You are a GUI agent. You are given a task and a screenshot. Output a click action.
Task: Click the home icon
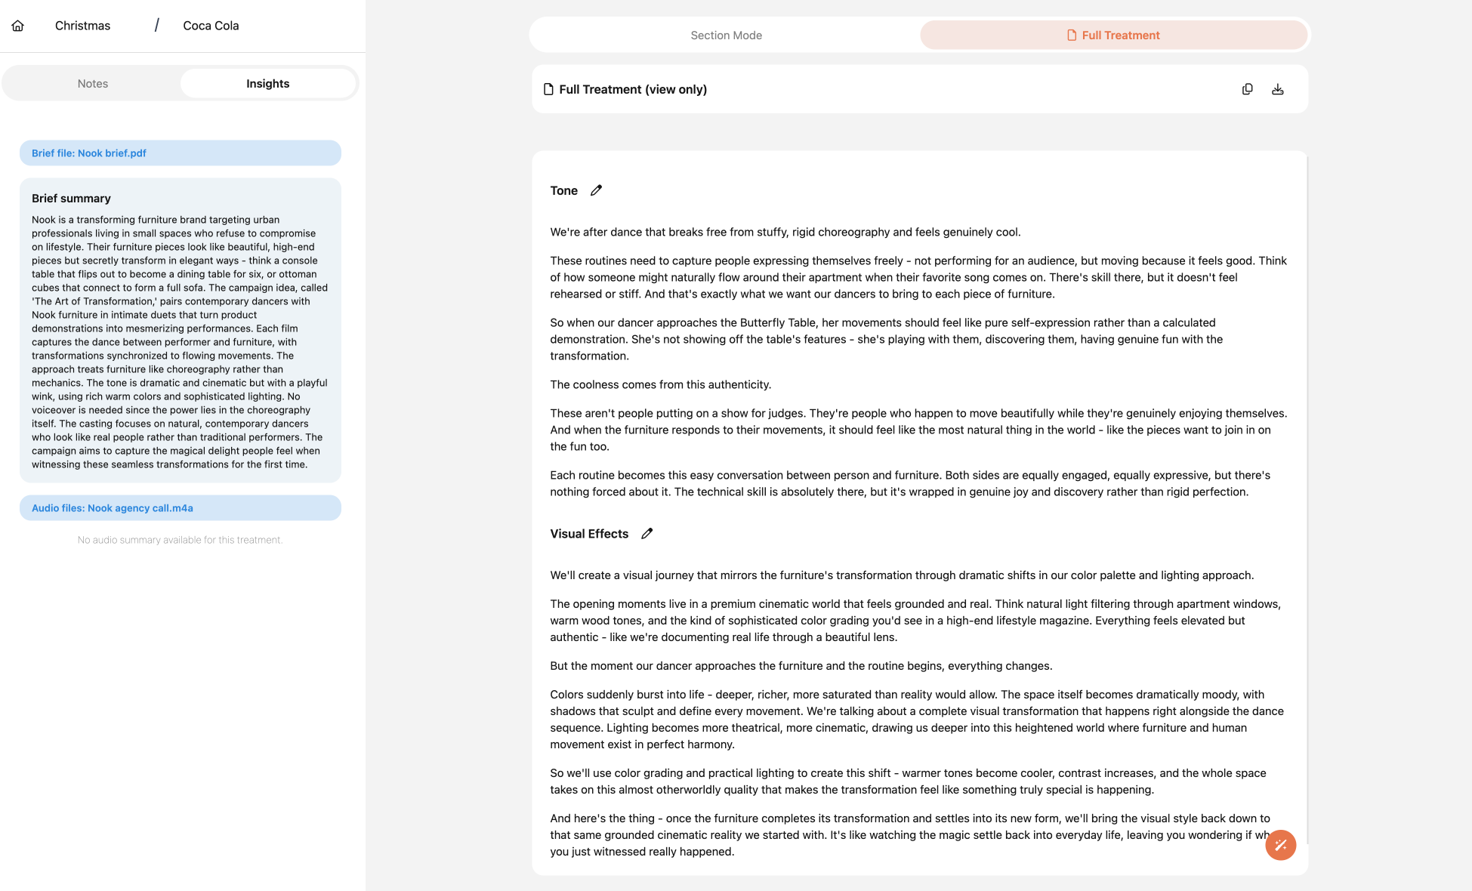tap(18, 26)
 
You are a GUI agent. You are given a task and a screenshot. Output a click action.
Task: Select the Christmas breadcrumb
tap(82, 26)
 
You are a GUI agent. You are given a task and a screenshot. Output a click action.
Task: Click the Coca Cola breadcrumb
tap(211, 26)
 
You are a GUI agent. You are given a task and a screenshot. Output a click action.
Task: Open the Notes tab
tap(93, 84)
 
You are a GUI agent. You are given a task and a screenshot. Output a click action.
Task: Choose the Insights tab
tap(267, 84)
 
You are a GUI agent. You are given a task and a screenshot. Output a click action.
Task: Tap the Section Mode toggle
tap(726, 35)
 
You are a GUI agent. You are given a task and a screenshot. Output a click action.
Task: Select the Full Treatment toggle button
tap(1113, 35)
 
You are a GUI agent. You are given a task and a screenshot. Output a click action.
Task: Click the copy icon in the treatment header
tap(1247, 89)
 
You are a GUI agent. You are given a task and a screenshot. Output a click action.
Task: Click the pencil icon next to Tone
tap(596, 190)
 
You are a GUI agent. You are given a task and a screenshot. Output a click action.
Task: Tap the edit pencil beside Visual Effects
tap(647, 534)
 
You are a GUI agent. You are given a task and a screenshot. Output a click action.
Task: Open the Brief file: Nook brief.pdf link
tap(89, 153)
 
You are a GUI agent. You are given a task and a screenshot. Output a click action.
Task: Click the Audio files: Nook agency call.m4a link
tap(113, 508)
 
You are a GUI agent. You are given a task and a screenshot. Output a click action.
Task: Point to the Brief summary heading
tap(71, 199)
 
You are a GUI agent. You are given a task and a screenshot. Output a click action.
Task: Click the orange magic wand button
tap(1280, 845)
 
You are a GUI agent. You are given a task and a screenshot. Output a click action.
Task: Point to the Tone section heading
tap(563, 191)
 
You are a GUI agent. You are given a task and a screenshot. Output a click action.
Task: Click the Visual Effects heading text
tap(589, 534)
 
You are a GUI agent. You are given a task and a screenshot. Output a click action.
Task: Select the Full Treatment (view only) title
tap(632, 89)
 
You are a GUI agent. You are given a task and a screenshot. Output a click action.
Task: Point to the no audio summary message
tap(180, 540)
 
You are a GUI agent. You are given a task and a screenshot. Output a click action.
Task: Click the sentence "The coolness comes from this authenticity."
tap(660, 385)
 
